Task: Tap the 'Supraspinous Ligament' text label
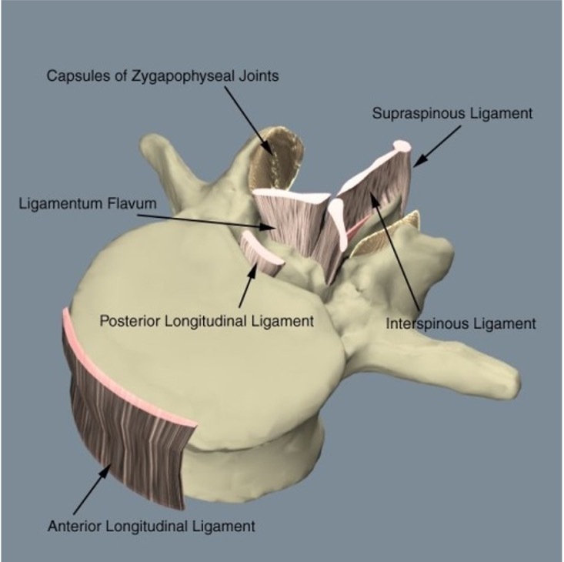[452, 114]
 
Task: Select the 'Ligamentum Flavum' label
[88, 204]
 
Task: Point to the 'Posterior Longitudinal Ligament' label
[207, 320]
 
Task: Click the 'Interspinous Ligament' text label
[461, 323]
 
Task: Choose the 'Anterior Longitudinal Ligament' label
[151, 527]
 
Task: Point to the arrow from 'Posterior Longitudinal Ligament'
[245, 284]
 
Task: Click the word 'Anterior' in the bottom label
[72, 527]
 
